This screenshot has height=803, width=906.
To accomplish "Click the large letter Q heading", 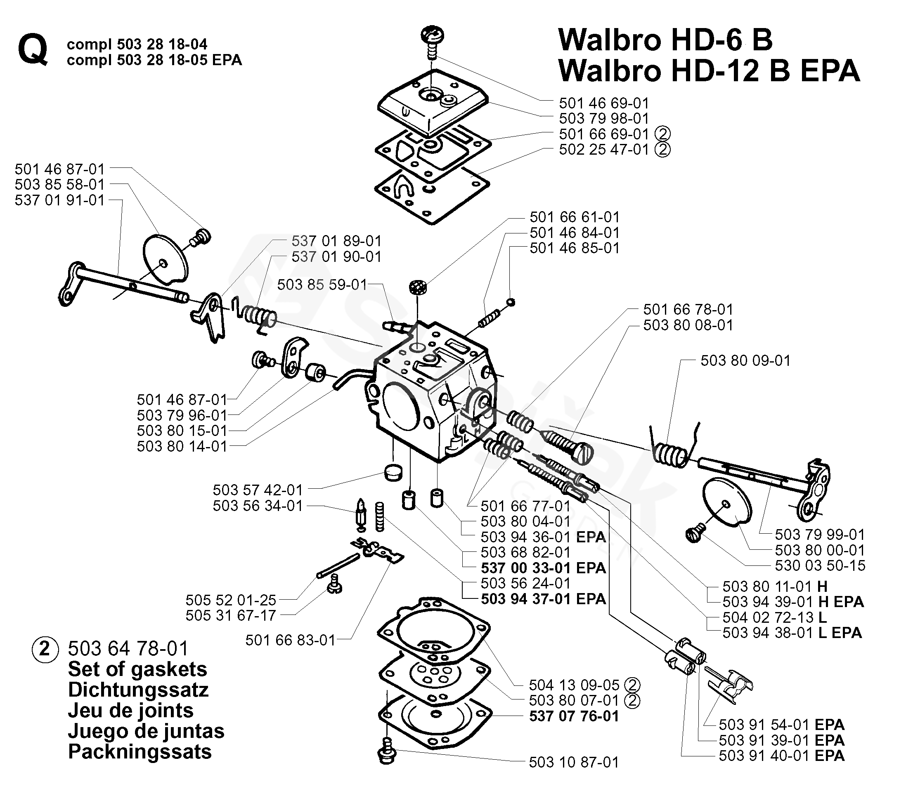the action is pos(33,52).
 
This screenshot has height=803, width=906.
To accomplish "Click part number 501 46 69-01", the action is pos(604,103).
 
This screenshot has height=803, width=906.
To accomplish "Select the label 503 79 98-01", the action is pos(604,119).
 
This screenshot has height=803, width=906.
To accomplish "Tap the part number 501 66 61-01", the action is pos(575,217).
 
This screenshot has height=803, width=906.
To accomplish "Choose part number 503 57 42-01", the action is pos(258,490).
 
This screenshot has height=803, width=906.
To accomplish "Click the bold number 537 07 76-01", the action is pos(574,716).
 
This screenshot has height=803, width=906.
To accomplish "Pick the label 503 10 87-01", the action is pos(574,762).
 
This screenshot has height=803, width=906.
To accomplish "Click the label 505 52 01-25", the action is pos(230,600).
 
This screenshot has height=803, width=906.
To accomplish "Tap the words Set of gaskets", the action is pos(137,669).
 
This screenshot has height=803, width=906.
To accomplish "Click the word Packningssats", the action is pos(140,751).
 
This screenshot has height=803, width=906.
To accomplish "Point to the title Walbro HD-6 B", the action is pos(665,40).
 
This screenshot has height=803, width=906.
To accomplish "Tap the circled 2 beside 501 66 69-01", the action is pos(662,134).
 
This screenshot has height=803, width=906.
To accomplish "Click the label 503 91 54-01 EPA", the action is pos(781,725).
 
